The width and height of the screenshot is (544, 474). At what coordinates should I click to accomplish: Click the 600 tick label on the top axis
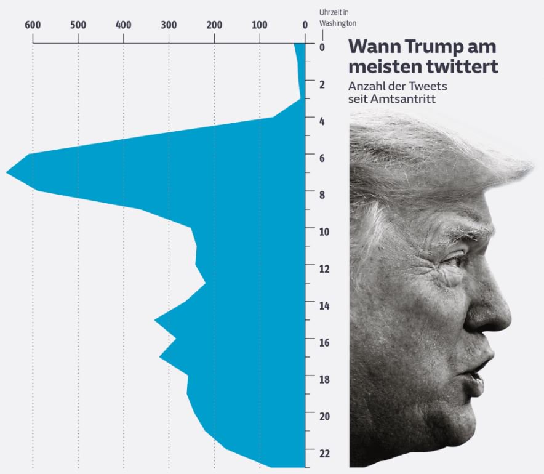pos(33,25)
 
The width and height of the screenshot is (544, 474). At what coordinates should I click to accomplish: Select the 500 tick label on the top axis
pos(78,25)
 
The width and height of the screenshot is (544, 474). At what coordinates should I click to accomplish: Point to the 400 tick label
pos(124,25)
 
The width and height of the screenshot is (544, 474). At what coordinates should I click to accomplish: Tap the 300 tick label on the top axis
pos(169,25)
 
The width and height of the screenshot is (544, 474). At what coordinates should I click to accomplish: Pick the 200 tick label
pos(214,25)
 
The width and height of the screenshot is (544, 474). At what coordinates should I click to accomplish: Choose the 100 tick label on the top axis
pos(260,25)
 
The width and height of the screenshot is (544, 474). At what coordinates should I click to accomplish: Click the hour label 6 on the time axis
pos(324,158)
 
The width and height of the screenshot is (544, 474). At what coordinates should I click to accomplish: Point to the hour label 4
pos(324,121)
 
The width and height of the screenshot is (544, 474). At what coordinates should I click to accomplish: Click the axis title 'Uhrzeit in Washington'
pos(337,18)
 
